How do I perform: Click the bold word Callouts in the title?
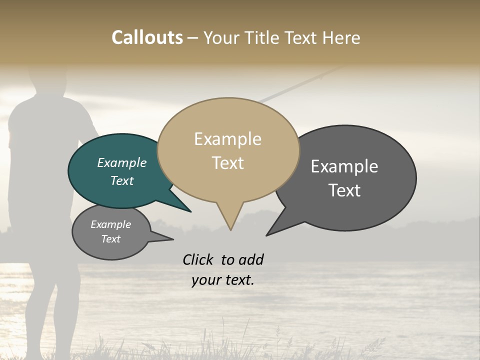click(x=147, y=37)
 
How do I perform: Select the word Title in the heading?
click(x=263, y=37)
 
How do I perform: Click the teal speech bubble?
click(x=115, y=185)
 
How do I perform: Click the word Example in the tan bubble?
click(x=227, y=139)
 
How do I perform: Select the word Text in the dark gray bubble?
click(x=344, y=190)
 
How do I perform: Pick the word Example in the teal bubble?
click(x=122, y=162)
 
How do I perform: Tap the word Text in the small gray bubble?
click(x=111, y=239)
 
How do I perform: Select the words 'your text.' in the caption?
click(x=223, y=280)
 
